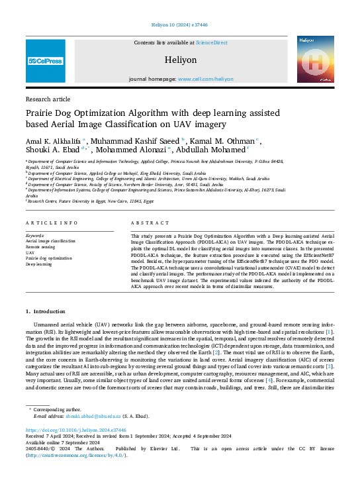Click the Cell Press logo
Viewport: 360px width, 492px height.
pos(45,60)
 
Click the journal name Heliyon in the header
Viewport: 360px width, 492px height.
pos(180,60)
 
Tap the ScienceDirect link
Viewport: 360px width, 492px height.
pos(211,42)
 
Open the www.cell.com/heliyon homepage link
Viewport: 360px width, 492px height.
pos(206,78)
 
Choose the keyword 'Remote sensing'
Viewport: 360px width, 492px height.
pos(40,246)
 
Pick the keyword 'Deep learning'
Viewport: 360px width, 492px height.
pos(38,264)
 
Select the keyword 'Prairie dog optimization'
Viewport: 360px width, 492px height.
pos(48,258)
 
